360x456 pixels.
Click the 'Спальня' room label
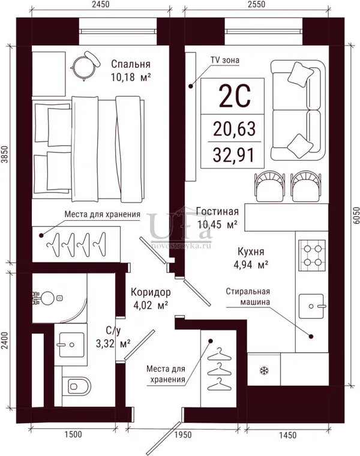[131, 64]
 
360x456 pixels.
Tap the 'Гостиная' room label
[217, 211]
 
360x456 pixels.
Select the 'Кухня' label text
[251, 251]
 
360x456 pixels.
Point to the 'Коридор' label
[151, 292]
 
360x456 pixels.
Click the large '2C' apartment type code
[235, 96]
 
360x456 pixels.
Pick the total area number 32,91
[234, 155]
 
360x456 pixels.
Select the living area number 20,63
[235, 128]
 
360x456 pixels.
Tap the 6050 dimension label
[356, 215]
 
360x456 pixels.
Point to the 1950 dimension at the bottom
[182, 435]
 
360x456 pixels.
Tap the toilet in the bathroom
[76, 386]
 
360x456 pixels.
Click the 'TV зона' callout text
[225, 60]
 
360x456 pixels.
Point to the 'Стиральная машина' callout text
[248, 296]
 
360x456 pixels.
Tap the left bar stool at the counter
[269, 186]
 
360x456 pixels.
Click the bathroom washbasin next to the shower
[71, 344]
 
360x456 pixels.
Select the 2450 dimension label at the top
[101, 4]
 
